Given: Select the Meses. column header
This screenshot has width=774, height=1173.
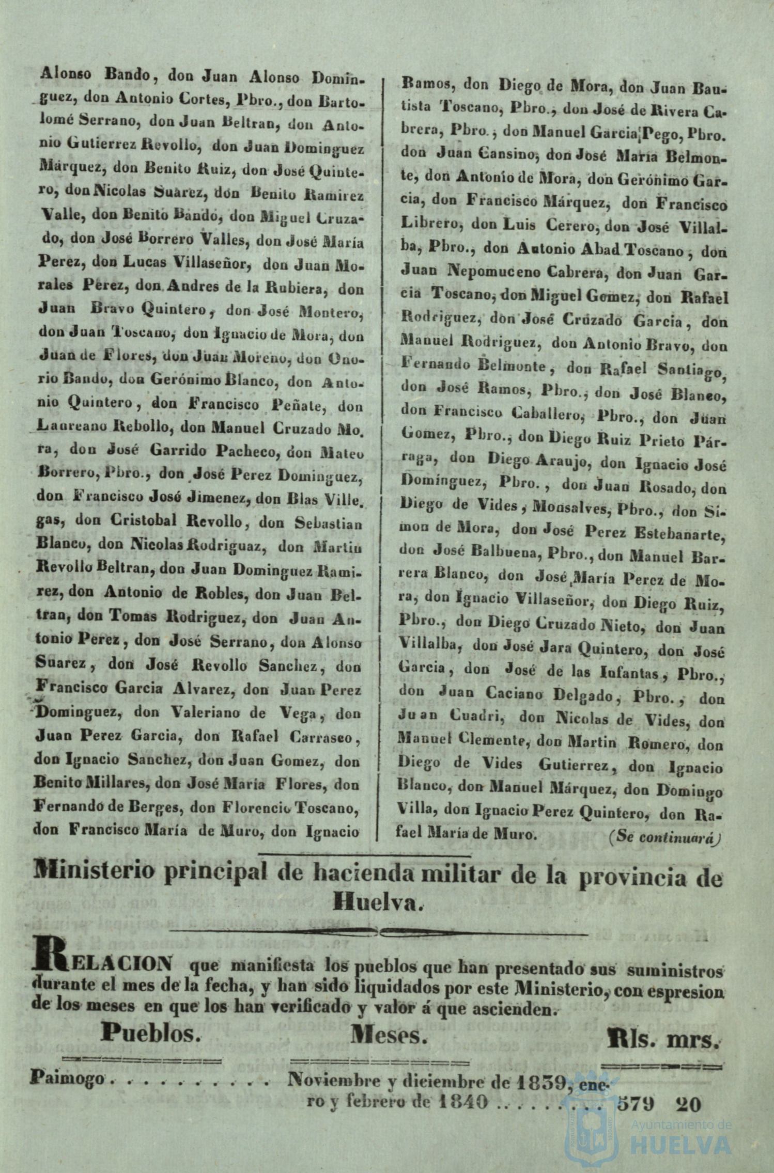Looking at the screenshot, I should pos(389,1034).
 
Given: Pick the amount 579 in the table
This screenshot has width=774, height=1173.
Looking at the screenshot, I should pos(636,1104).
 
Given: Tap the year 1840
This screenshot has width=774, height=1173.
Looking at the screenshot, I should pos(462,1103).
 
